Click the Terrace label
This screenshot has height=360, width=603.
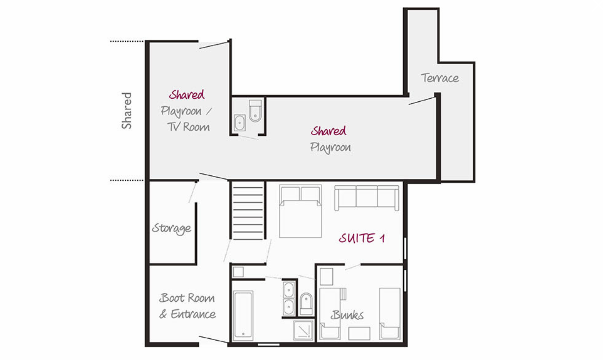(440, 78)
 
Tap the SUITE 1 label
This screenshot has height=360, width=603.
(362, 238)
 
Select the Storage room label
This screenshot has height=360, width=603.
(172, 229)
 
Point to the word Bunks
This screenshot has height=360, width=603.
(347, 315)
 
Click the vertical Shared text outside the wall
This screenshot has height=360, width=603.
(126, 111)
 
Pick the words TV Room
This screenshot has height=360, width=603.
(188, 127)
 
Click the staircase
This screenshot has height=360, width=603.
(248, 210)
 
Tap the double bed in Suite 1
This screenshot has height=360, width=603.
(301, 211)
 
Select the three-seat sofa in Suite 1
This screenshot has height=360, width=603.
(367, 198)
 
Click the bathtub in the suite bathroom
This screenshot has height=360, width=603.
(243, 315)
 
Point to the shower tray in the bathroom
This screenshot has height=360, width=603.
(303, 330)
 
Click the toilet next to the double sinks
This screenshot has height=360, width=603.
(306, 304)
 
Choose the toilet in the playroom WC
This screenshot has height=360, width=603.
(255, 111)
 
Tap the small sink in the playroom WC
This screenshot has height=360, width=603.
(240, 122)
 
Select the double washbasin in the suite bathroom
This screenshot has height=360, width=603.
(289, 298)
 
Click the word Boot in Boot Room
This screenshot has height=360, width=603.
(172, 298)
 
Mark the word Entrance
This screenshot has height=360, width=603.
(193, 314)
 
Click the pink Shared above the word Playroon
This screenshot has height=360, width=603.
(329, 131)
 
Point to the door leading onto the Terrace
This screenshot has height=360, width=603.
(422, 101)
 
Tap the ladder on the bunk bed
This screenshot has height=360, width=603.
(343, 294)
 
